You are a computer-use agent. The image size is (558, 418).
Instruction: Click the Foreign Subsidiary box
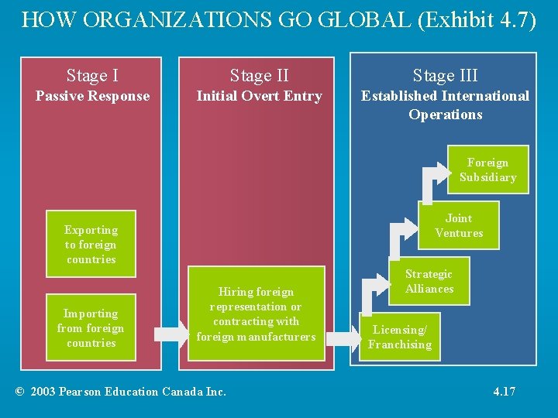coord(487,170)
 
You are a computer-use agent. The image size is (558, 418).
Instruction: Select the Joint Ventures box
coord(459,225)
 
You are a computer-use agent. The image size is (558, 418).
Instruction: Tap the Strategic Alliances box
coord(429,281)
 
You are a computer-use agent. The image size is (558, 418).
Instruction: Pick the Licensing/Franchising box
coord(400,337)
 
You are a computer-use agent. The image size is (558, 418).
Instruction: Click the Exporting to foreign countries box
coord(91,244)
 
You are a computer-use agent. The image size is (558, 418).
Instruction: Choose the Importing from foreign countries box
coord(91,327)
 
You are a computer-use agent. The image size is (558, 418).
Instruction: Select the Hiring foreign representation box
coord(256,313)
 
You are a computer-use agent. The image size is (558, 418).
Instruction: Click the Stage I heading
coord(92,75)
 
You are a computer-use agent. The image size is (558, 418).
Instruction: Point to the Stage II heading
coord(259,75)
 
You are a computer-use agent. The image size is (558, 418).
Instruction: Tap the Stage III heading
coord(445,75)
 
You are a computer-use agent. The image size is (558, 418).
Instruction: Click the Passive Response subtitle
coord(92,96)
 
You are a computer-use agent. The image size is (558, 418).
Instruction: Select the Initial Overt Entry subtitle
coord(259,96)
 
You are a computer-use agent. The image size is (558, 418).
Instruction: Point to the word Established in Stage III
coord(396,96)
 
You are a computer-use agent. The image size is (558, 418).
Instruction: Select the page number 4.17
coord(504,391)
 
